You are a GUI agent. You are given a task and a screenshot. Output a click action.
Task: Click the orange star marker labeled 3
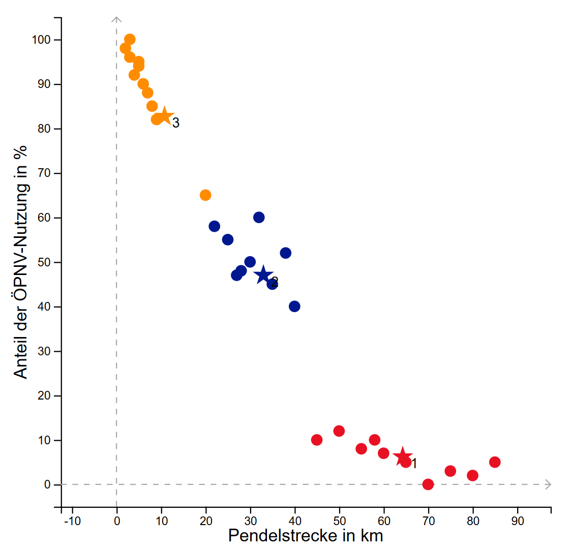(x=164, y=116)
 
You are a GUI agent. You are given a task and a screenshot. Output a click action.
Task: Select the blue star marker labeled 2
(x=263, y=275)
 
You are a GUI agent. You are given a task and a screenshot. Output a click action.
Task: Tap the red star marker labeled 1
(x=402, y=456)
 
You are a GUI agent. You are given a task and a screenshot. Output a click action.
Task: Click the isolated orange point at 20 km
(x=205, y=195)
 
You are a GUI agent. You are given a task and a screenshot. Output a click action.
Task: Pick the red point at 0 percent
(x=428, y=484)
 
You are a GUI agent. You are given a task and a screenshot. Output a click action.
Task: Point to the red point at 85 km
(x=495, y=462)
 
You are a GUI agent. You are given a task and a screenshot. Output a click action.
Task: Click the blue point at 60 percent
(x=259, y=218)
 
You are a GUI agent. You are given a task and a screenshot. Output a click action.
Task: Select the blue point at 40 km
(x=294, y=307)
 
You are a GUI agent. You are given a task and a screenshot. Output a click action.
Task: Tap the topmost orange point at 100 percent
(x=130, y=40)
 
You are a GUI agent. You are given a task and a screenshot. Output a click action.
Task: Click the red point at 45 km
(x=317, y=440)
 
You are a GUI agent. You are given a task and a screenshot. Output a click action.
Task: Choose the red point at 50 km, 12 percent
(x=339, y=431)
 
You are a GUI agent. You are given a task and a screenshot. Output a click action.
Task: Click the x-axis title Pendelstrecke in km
(x=305, y=536)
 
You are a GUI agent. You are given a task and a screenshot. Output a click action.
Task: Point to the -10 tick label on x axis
(x=72, y=522)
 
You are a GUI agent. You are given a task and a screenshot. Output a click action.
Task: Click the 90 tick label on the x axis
(x=518, y=522)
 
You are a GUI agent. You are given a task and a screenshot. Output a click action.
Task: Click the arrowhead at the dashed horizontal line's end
(x=548, y=484)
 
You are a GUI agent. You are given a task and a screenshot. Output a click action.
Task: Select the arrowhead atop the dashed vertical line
(x=116, y=20)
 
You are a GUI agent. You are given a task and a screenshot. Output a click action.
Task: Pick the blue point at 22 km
(x=215, y=226)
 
